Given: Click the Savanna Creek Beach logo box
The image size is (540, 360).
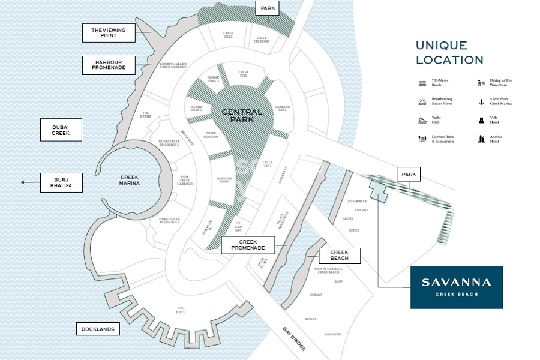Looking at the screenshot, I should point(456,287).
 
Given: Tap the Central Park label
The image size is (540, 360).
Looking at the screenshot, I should point(242,115).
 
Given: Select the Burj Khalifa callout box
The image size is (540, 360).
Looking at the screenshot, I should point(61,182).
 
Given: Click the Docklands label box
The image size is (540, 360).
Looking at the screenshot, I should point(98,329).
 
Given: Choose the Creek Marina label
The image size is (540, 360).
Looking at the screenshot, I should point(130,180).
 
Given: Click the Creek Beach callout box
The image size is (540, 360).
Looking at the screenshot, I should point(340,256).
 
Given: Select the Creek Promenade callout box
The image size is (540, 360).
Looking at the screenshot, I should point(248,244).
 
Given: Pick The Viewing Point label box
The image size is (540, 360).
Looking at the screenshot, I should point(109,32).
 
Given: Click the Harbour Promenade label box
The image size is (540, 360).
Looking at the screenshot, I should point(109,65).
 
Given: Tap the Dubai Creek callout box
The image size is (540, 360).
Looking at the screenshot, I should point(61,130).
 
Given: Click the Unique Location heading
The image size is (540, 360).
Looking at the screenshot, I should point(449,53).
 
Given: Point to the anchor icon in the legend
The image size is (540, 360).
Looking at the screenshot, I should point(481,101).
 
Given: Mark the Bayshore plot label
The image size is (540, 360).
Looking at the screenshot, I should point(333,334).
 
